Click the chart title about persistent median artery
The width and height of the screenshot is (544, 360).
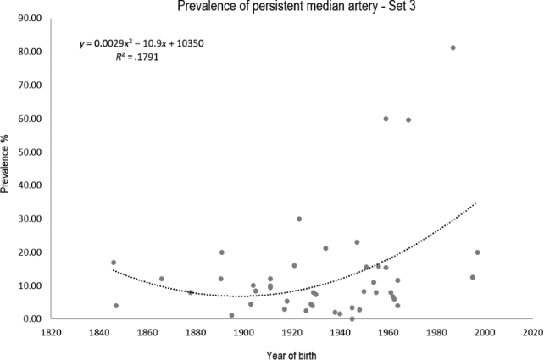coord(282,7)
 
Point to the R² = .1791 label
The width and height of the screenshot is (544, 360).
coord(137,59)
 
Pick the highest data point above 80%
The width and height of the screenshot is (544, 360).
coord(452,47)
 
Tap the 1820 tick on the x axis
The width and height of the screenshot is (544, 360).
coord(51,333)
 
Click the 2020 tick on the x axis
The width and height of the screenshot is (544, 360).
coord(531,333)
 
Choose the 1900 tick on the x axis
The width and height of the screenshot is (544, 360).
coord(243,333)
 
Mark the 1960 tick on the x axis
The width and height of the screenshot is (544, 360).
coord(387,333)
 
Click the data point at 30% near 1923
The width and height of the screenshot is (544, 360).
coord(299,219)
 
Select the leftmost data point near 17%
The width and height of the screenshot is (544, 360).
coord(114,263)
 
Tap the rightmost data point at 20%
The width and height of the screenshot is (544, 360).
coord(477,252)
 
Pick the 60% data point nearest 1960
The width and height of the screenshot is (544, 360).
coord(386,119)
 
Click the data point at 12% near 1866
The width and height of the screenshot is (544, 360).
coord(162,279)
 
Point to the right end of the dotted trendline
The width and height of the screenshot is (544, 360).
coord(476,203)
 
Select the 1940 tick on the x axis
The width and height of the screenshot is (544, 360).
coord(339,333)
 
